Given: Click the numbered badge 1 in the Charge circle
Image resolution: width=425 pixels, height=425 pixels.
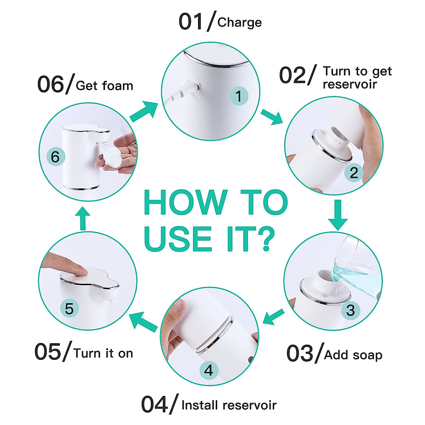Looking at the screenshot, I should pos(238,96).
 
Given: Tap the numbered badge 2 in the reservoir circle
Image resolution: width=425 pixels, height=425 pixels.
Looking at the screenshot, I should pos(354,172).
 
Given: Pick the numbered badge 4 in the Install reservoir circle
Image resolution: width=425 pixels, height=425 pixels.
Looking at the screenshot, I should pos(209,370).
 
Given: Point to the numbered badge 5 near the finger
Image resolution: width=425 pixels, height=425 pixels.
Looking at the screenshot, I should pos(69,308).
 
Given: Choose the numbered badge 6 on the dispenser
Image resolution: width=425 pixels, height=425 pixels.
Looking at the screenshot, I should pos(55,157).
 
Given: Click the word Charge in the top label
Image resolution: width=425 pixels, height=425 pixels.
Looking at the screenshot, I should pos(239,22).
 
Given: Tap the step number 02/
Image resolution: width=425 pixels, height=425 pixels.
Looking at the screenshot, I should pos(297,75).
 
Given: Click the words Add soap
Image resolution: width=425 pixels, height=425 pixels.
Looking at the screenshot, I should pos(353,355).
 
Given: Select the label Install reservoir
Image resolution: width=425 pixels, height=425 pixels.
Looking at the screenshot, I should pos(229,405).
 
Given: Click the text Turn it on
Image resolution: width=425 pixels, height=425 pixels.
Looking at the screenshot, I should pos(103,353).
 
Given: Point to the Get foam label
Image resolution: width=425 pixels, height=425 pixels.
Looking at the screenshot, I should pos(104,86).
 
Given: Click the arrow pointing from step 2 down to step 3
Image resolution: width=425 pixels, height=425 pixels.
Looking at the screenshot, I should pos(338,215).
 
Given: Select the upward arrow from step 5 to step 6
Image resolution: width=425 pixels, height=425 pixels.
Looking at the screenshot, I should pos(83,219).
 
